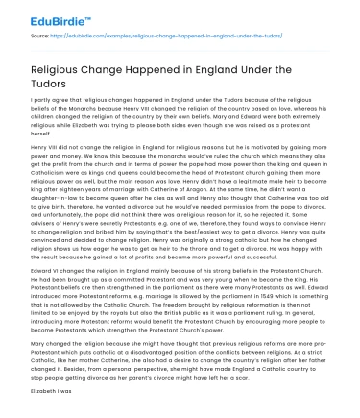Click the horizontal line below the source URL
[x=180, y=48]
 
